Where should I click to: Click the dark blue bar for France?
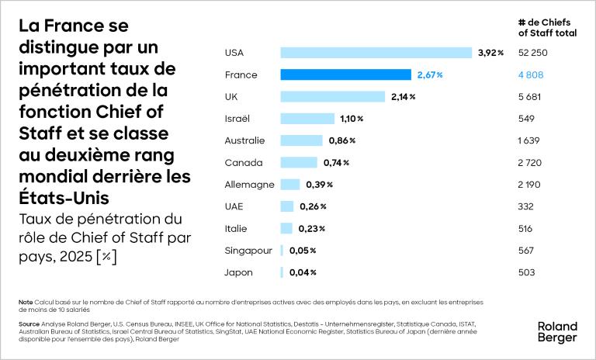[346, 75]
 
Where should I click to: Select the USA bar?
[376, 53]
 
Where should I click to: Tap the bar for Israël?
[307, 119]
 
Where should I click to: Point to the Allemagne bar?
[290, 185]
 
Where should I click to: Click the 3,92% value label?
[490, 53]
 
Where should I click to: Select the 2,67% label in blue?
[430, 75]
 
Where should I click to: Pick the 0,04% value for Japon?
[303, 272]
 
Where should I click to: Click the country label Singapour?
[248, 251]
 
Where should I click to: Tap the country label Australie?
[244, 140]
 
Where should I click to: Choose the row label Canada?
[243, 163]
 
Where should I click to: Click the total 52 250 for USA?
[533, 53]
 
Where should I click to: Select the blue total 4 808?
[531, 75]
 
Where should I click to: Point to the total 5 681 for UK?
[529, 97]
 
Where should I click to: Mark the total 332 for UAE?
[525, 206]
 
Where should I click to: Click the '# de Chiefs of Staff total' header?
[547, 28]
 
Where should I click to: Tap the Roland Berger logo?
[557, 332]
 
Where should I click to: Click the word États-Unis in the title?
[64, 198]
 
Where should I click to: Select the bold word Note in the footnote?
[26, 303]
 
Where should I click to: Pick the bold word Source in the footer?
[29, 324]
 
